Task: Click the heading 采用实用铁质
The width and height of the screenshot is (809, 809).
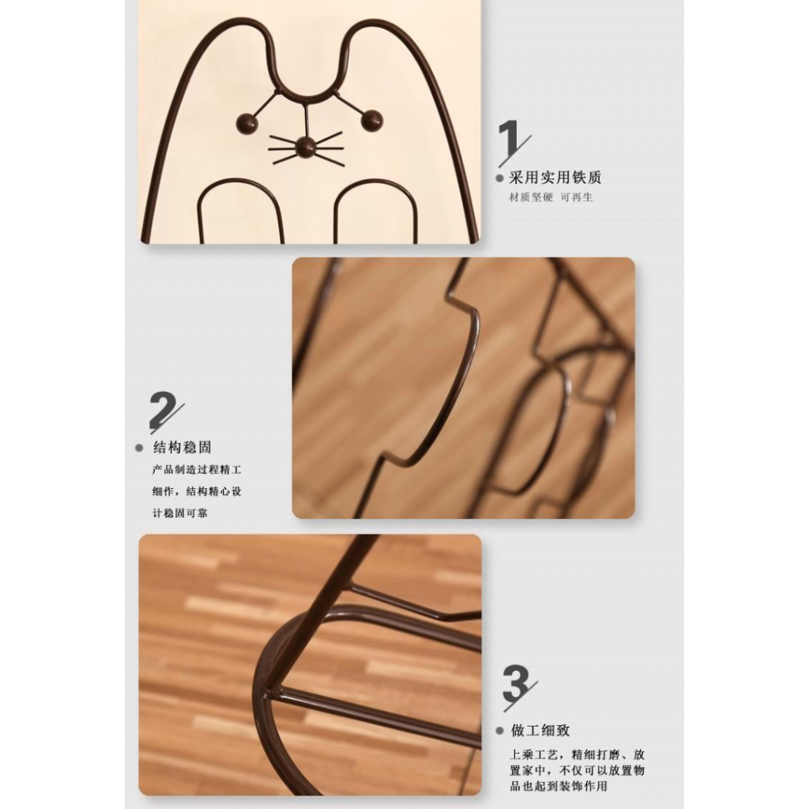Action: (555, 178)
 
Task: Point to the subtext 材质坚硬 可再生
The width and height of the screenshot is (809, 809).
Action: (551, 197)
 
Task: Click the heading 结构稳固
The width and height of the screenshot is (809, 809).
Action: (182, 447)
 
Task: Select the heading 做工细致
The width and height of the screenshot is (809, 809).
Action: (540, 730)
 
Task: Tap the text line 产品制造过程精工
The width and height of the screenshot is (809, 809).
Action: (197, 470)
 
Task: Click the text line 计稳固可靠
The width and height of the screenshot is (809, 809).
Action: (179, 514)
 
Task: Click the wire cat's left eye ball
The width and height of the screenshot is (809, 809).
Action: (247, 122)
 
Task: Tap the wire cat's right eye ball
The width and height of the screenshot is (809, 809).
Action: (371, 120)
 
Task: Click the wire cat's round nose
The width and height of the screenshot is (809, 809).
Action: (306, 147)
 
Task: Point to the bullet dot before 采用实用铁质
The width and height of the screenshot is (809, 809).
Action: (499, 179)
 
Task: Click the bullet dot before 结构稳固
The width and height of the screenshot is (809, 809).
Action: (139, 448)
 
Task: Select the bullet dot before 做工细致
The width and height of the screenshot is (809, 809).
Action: (499, 731)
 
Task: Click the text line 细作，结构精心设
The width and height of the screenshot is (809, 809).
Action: (197, 491)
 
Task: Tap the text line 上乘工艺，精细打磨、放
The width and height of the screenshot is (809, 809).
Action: (578, 754)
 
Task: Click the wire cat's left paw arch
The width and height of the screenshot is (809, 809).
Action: (239, 181)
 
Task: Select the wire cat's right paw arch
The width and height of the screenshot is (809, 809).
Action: (374, 182)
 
